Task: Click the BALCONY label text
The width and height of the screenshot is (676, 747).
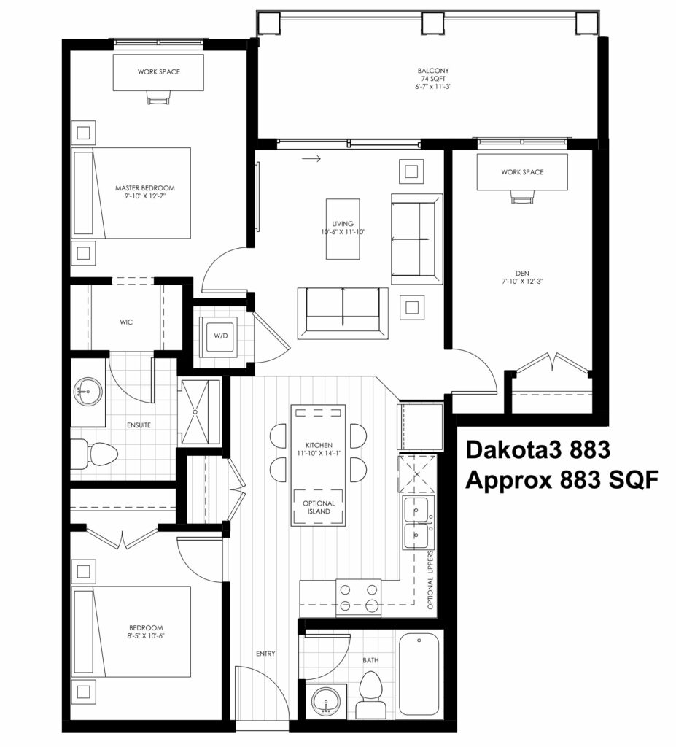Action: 433,71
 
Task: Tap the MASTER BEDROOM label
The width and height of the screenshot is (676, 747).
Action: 145,187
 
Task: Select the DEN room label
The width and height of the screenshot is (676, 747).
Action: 522,274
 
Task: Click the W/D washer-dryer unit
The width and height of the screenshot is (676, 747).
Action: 220,336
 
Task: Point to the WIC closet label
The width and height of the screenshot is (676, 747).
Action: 126,322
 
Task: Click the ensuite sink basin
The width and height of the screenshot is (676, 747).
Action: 88,392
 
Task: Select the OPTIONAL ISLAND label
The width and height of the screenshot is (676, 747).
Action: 319,507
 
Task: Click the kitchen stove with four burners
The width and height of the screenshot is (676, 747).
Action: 358,598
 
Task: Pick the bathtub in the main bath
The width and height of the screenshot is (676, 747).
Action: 419,673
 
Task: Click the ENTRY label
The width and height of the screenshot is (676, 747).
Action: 265,654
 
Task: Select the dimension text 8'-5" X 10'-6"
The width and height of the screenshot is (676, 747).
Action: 147,636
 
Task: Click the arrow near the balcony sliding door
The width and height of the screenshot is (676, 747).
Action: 311,158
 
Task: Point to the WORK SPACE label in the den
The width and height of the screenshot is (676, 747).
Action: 522,172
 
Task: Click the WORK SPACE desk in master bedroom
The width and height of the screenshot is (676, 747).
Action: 158,72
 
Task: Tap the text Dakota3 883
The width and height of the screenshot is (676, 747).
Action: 538,449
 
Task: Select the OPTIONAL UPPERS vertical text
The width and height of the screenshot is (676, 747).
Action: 430,580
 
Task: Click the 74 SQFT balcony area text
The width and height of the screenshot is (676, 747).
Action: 433,79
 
